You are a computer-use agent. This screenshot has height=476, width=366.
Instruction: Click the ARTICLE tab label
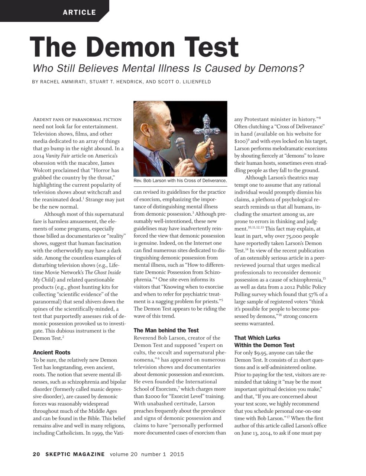[79, 12]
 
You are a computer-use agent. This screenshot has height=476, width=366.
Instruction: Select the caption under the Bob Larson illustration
[180, 181]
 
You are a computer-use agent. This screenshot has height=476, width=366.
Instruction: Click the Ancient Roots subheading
[52, 353]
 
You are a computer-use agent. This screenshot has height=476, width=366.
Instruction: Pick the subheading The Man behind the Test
[166, 330]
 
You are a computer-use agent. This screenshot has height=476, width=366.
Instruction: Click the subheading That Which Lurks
[257, 338]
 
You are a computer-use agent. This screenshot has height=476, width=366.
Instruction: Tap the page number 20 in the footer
[36, 454]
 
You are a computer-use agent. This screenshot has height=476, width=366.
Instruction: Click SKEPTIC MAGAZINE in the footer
[75, 454]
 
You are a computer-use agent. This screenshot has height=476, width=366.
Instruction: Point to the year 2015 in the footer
[177, 454]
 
